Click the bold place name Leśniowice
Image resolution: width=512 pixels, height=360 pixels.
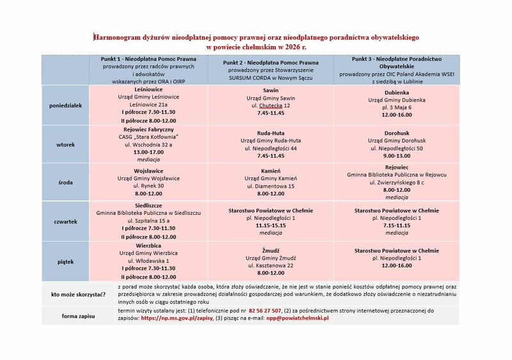tap(148, 89)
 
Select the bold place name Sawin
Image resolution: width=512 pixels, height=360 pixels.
tap(271, 90)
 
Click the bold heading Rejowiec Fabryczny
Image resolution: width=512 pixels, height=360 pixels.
tap(148, 129)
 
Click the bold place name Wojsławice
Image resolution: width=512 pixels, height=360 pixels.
tap(148, 171)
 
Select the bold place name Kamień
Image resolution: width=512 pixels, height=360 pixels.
tap(271, 171)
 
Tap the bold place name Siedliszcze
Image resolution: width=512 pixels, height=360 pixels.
tap(148, 205)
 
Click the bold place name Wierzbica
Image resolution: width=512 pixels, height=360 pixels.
tap(148, 245)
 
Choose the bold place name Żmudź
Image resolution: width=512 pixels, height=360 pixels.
tap(271, 249)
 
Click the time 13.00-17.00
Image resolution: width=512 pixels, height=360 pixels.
tap(148, 152)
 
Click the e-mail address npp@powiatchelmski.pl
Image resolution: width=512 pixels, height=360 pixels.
tap(292, 318)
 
